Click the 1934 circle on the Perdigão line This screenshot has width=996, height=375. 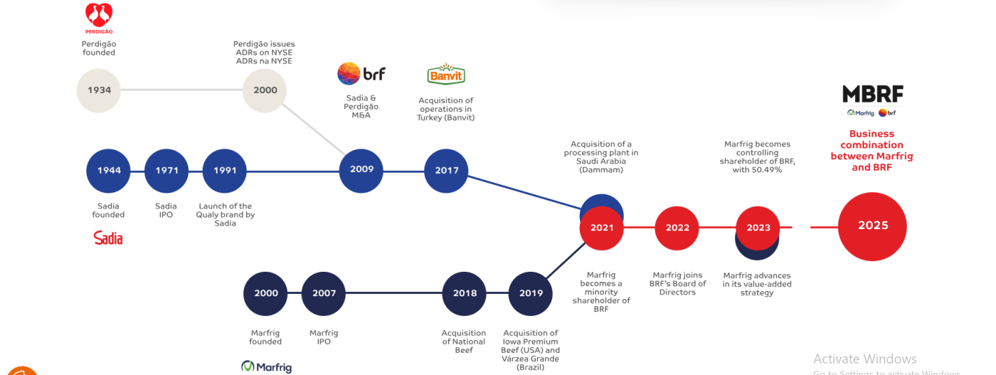(x=99, y=90)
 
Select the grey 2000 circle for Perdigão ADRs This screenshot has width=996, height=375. (x=265, y=90)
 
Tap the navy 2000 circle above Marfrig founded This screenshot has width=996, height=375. (x=265, y=293)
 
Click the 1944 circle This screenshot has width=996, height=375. (x=108, y=171)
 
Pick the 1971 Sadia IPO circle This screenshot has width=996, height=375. (x=166, y=171)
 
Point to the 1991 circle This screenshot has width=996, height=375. (x=225, y=171)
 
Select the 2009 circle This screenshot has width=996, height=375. (x=361, y=170)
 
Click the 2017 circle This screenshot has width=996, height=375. (x=447, y=170)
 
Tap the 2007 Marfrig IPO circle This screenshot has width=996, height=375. (x=324, y=293)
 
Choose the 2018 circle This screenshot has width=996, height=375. (x=465, y=293)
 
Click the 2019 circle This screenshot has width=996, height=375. (x=531, y=293)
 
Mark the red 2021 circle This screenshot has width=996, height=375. (x=602, y=228)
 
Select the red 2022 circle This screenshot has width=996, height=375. (x=677, y=228)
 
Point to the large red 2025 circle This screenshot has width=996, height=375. (x=873, y=226)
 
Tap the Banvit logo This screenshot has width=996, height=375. (x=446, y=75)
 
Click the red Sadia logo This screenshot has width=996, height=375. (x=108, y=238)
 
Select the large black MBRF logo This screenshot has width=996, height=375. (x=872, y=94)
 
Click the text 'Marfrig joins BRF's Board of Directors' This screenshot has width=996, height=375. (x=677, y=284)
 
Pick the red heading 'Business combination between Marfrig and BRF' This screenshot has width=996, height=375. (x=871, y=150)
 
